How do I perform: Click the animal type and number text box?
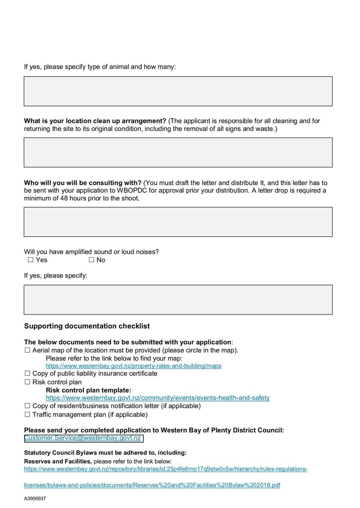(x=178, y=91)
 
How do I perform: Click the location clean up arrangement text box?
(x=178, y=152)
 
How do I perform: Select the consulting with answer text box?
(x=178, y=222)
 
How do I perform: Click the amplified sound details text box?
(x=178, y=299)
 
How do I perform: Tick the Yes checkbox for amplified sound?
(x=31, y=260)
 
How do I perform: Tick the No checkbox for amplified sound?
(x=91, y=260)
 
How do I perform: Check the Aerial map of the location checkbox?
(x=27, y=350)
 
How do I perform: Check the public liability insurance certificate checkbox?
(x=27, y=373)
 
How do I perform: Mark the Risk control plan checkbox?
(x=27, y=382)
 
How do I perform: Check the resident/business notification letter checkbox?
(x=27, y=406)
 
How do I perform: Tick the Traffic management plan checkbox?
(x=27, y=414)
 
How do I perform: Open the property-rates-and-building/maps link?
(x=133, y=366)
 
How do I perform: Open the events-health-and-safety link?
(x=157, y=398)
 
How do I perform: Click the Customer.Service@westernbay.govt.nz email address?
(x=83, y=438)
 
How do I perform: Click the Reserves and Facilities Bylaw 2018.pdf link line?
(x=152, y=486)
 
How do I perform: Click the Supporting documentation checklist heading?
(x=87, y=326)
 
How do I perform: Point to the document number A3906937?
(x=35, y=499)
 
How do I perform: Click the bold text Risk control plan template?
(x=88, y=390)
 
